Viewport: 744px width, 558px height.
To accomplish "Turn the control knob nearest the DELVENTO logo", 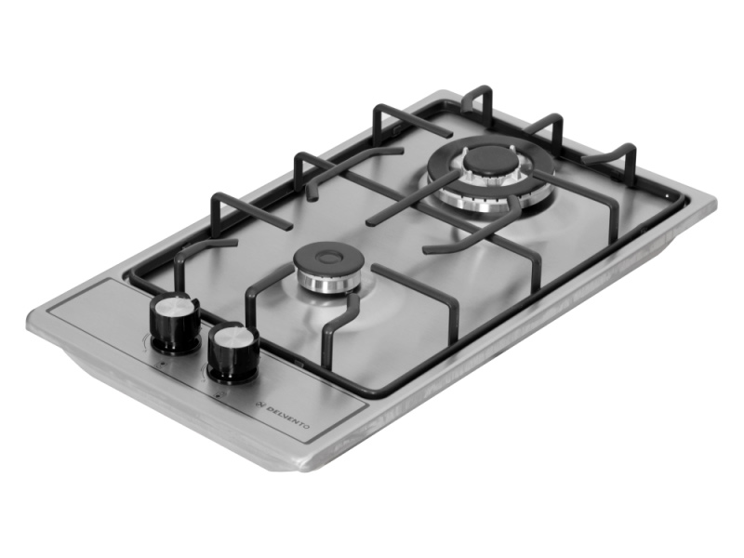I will (232, 352).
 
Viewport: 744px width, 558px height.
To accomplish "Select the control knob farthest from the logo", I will (175, 322).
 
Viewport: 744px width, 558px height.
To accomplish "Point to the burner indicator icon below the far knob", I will (159, 364).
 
